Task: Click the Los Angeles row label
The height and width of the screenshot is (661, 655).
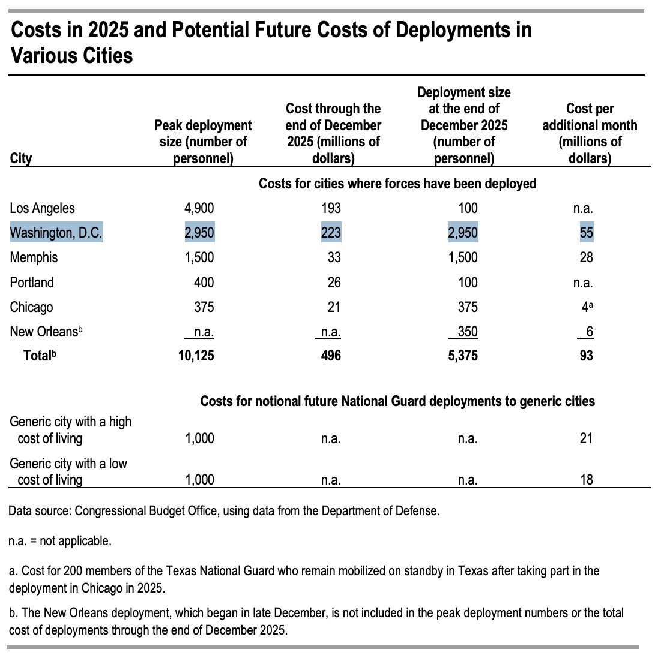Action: point(42,208)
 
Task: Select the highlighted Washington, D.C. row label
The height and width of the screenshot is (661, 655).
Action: point(57,233)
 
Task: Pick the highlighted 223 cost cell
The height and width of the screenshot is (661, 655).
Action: point(330,233)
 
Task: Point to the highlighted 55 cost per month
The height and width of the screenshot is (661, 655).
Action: point(586,233)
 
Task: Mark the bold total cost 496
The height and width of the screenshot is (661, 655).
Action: point(330,356)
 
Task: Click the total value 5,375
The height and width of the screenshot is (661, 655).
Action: point(465,356)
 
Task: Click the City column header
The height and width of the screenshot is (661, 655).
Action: point(21,159)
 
